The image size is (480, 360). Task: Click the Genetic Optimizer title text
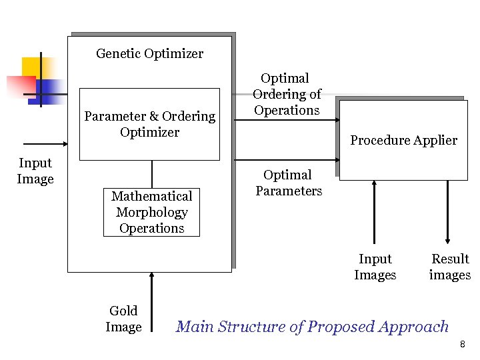(x=149, y=53)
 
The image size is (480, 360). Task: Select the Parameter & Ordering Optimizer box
(x=149, y=124)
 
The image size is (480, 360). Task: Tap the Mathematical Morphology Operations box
(x=151, y=212)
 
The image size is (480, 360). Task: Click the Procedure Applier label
(x=403, y=140)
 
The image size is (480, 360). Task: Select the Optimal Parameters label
(x=288, y=183)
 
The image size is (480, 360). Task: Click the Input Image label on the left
(x=35, y=171)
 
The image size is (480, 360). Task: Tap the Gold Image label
(x=123, y=319)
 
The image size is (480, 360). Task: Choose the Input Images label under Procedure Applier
(x=375, y=267)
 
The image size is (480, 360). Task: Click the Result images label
(x=450, y=267)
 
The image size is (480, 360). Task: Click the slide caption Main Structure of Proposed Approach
(x=312, y=327)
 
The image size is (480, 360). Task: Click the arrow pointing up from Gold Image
(x=153, y=300)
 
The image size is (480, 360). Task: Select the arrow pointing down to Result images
(x=447, y=213)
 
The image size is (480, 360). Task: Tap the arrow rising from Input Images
(x=375, y=213)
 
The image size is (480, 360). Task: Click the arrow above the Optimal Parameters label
(x=287, y=161)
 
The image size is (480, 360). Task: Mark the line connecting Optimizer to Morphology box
(x=152, y=174)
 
